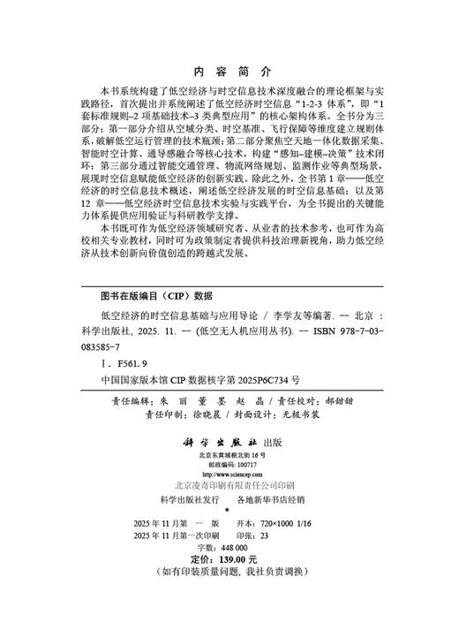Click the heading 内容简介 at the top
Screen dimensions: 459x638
tap(229, 74)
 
